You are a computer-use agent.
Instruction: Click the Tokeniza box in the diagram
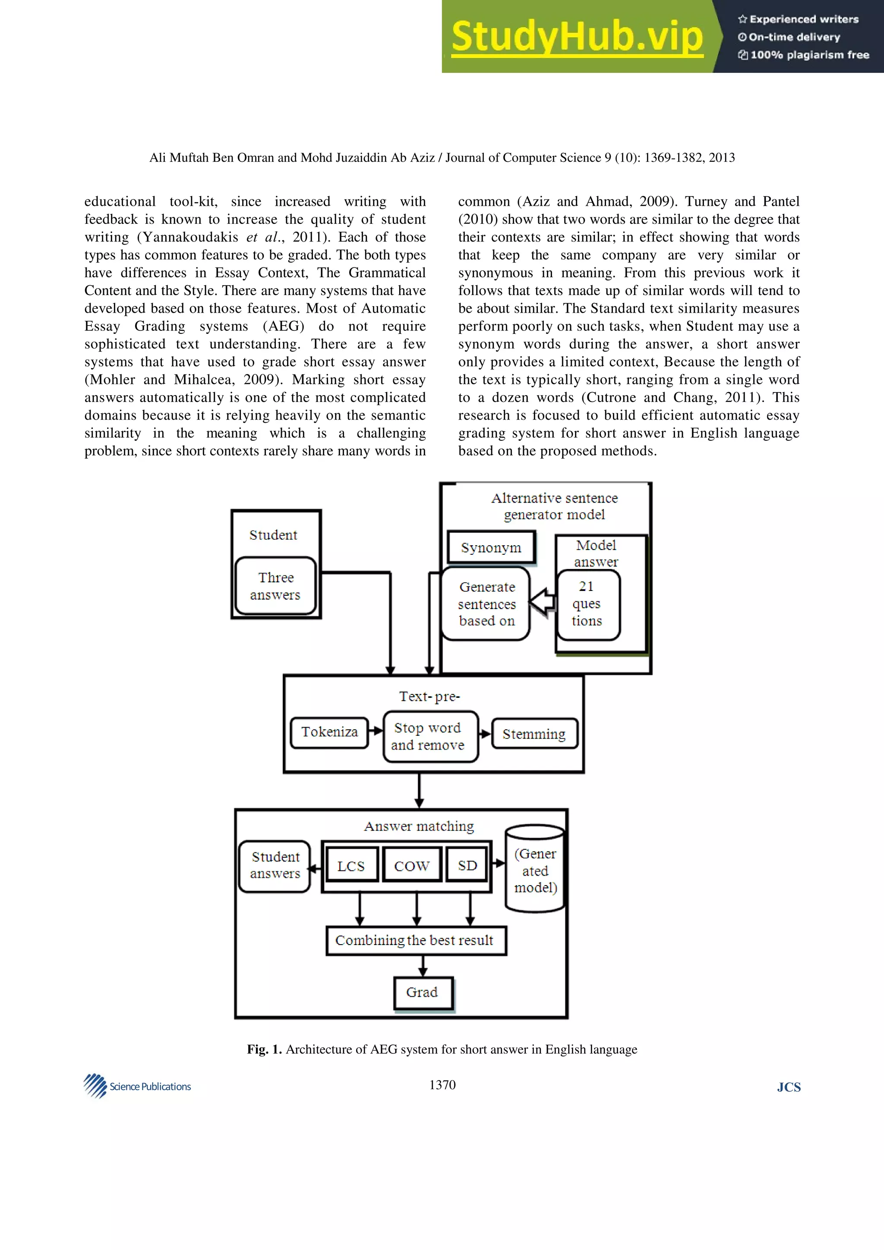329,732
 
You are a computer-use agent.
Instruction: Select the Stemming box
534,734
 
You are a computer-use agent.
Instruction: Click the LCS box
351,866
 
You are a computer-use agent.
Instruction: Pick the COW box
412,866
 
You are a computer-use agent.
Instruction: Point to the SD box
467,865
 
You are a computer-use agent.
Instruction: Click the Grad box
423,992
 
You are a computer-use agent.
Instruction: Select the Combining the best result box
416,940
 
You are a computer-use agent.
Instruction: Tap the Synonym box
491,547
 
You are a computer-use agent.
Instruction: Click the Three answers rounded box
276,586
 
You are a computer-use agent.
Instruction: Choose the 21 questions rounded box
587,604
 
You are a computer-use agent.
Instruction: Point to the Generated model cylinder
535,870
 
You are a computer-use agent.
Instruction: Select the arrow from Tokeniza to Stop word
376,731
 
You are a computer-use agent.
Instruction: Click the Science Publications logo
137,1086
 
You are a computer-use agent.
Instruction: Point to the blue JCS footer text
788,1087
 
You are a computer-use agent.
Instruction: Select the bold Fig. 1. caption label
264,1049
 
